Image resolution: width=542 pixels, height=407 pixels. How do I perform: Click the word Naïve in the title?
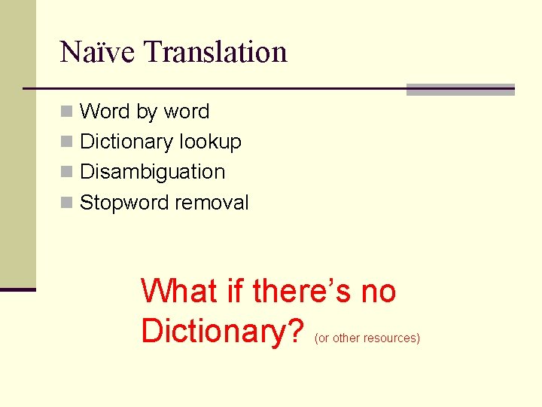coord(97,51)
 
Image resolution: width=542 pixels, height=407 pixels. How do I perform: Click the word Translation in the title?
coord(215,51)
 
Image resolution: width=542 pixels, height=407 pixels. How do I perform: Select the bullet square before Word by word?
coord(68,112)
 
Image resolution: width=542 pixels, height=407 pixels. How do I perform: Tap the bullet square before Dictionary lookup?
coord(68,142)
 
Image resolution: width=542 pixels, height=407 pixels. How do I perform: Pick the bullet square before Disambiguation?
coord(68,172)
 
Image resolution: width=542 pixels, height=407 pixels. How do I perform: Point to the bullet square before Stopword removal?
coord(68,203)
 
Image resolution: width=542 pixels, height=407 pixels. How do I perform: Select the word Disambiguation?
coord(152,172)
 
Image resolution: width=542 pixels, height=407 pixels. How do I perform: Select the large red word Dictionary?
coord(222,330)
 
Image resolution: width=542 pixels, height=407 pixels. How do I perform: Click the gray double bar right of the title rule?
coord(460,90)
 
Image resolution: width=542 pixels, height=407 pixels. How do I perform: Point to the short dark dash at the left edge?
coord(17,289)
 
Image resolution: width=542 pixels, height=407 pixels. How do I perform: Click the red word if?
coord(235,291)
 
